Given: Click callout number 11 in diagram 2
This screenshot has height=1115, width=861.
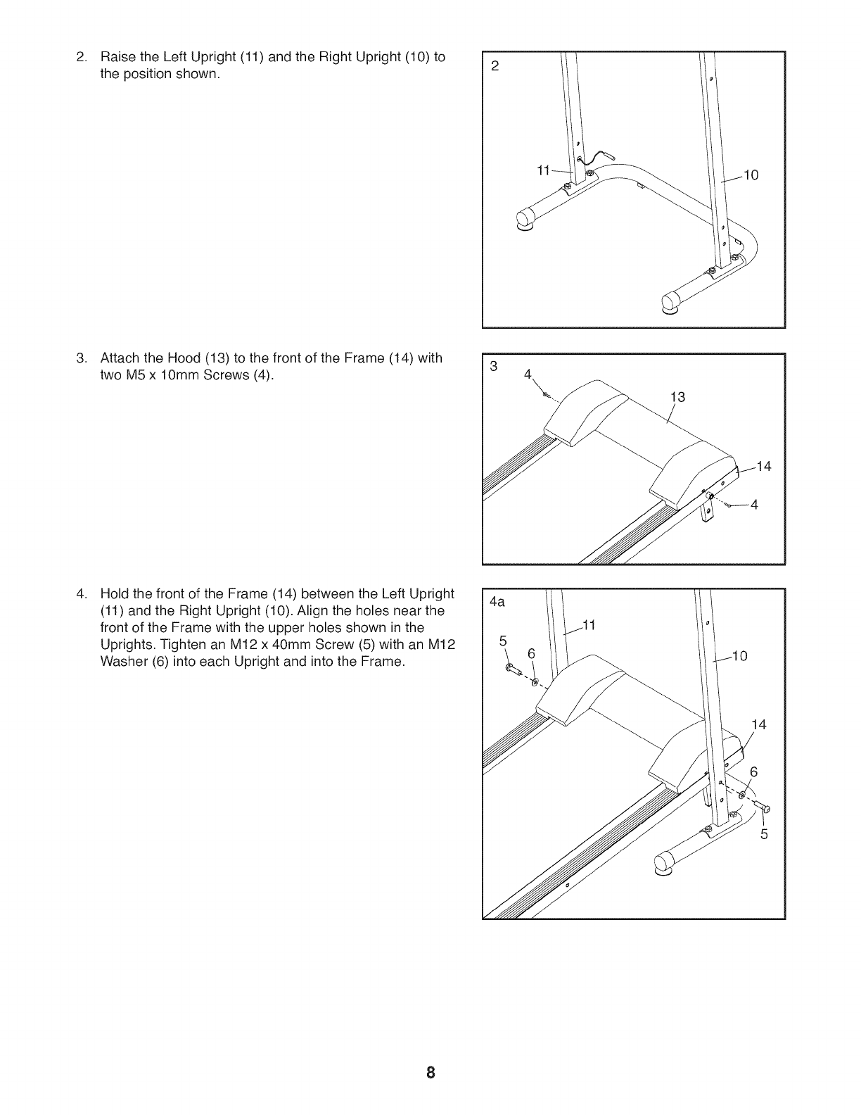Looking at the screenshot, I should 542,170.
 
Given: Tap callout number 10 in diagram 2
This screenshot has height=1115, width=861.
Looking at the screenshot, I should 751,175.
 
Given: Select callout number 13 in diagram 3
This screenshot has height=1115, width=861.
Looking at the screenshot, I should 677,398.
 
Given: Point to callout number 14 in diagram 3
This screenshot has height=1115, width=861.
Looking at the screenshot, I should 763,466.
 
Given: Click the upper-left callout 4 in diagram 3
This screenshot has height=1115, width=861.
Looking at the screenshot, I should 529,375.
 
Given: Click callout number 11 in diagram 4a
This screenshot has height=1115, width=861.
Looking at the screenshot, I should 589,625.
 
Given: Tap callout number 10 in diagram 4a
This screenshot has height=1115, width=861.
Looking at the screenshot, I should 739,657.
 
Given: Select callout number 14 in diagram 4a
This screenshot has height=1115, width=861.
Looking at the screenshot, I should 758,725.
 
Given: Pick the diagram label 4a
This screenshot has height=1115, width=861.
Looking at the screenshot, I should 497,603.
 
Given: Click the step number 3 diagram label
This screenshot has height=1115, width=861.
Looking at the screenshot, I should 494,366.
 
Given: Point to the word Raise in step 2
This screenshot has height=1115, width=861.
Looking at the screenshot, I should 117,57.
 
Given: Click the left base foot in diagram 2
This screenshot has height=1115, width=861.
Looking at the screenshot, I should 525,219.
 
